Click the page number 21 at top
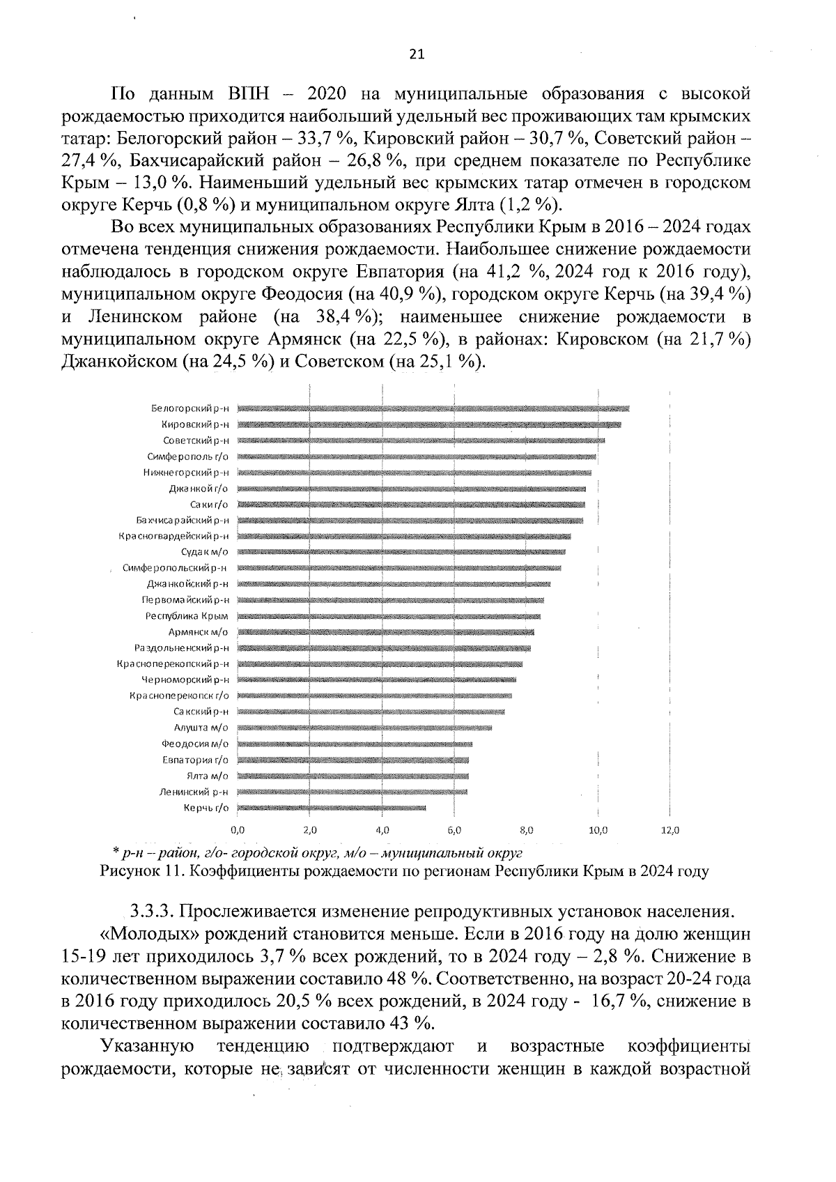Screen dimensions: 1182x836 coord(417,54)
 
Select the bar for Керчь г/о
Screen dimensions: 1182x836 coord(331,808)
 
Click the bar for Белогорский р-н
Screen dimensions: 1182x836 coord(432,408)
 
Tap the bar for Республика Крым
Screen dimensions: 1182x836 coord(388,616)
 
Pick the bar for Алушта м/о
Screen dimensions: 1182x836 coord(364,728)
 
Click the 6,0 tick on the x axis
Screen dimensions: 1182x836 coord(454,831)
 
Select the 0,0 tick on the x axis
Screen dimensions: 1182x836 coord(238,831)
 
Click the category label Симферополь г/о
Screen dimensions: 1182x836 coord(187,456)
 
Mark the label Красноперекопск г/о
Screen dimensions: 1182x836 coord(179,696)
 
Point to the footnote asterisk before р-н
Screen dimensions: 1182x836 coord(116,852)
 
